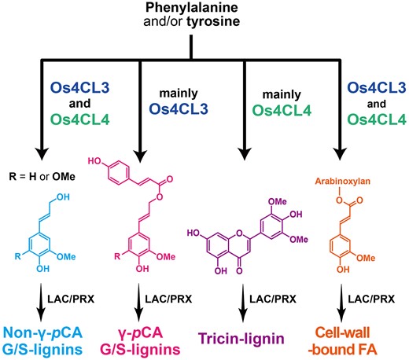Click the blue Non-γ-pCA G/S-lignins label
[x=46, y=339]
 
